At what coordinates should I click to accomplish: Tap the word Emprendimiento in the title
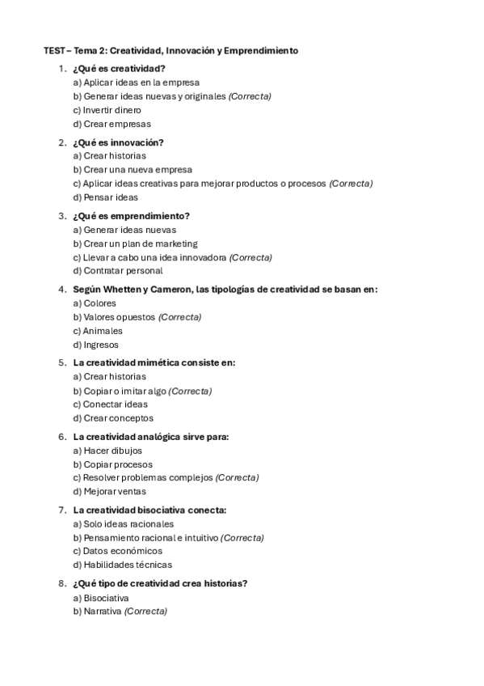point(260,50)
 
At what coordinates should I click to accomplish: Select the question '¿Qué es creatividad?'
point(119,69)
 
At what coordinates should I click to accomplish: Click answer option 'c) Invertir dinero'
point(107,110)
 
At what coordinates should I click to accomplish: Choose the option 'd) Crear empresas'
point(112,124)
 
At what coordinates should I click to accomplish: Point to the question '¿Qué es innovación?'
point(118,142)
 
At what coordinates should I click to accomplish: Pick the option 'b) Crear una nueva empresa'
point(133,170)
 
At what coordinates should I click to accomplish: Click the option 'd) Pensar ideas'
point(105,197)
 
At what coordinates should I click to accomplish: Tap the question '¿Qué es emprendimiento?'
point(131,216)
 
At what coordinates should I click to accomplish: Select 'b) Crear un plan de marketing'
point(135,243)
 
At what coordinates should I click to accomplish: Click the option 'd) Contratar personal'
point(117,271)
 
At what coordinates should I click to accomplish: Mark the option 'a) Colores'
point(95,303)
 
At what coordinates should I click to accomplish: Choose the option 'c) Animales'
point(98,331)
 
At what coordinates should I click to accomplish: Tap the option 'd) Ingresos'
point(95,345)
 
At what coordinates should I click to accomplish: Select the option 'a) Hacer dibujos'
point(107,451)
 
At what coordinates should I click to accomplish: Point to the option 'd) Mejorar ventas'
point(110,491)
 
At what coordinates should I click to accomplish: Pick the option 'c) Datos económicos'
point(117,551)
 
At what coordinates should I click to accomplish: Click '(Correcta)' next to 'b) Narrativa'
point(145,612)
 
